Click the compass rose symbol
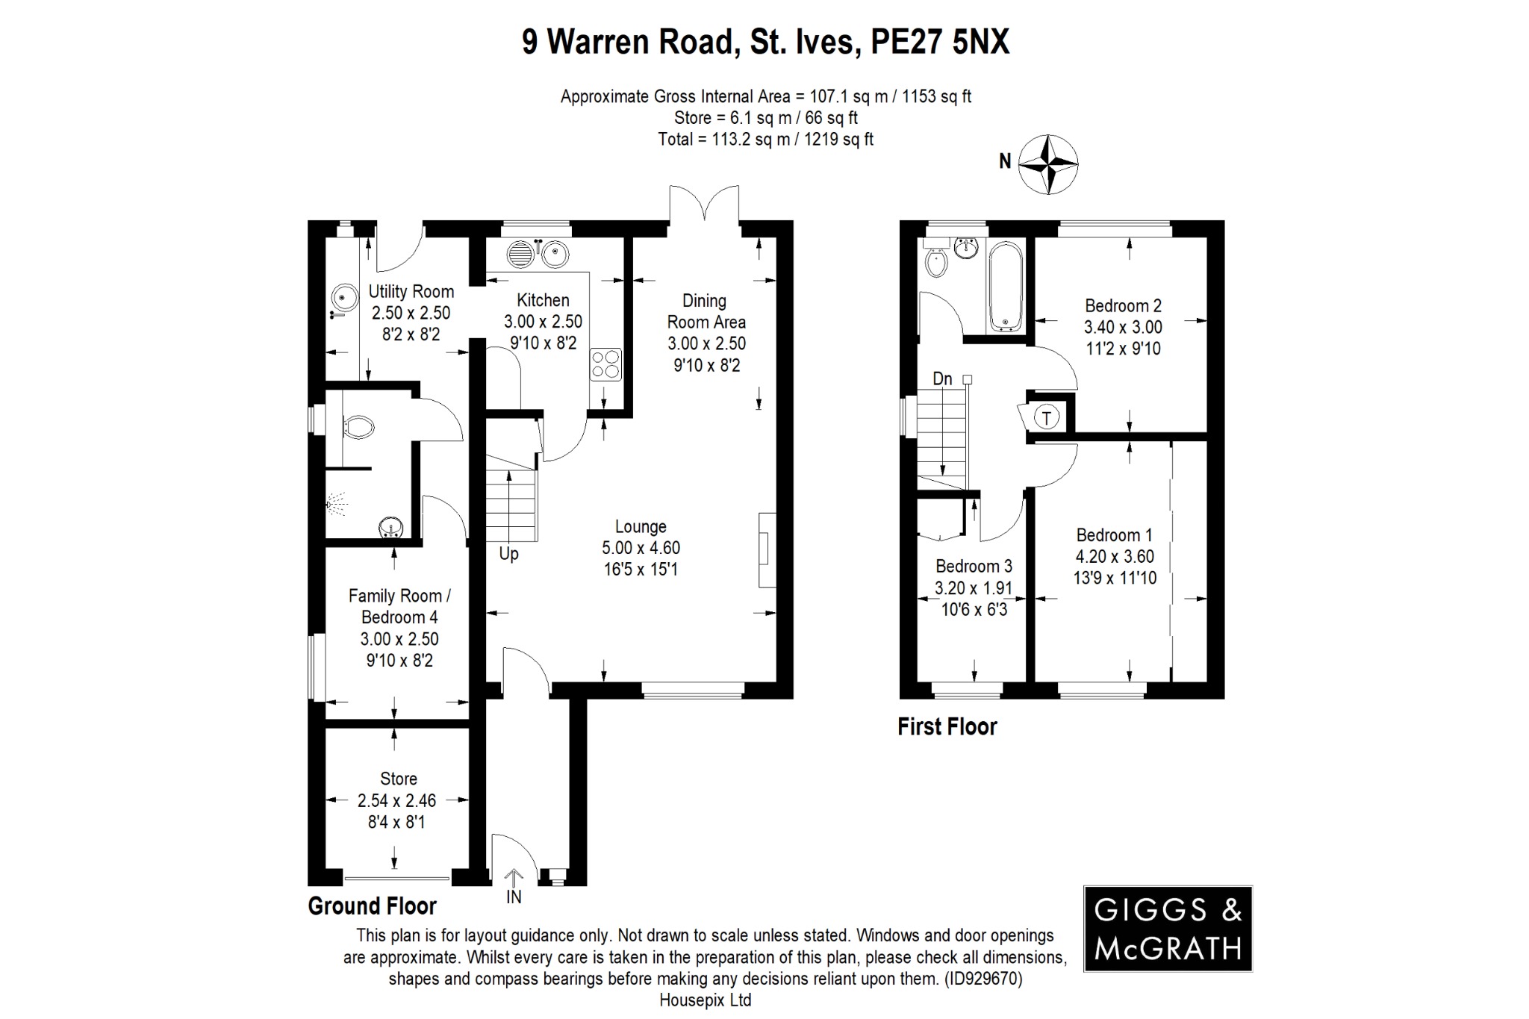coord(1048,164)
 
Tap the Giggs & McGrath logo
coord(1168,929)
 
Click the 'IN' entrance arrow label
coord(514,897)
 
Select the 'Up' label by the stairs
coord(508,554)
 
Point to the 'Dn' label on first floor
coord(942,379)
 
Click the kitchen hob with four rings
coord(605,365)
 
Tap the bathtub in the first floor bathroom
coord(1006,287)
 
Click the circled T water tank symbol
coord(1047,418)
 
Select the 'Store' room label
coord(398,779)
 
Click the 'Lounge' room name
coord(641,526)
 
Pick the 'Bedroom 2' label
coord(1123,305)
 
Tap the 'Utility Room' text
coord(411,291)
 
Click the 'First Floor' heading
coord(947,726)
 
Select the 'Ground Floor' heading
coord(372,906)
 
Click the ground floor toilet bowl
coord(358,427)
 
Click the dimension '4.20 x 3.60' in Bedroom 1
coord(1114,556)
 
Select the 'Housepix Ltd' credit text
coord(705,1000)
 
